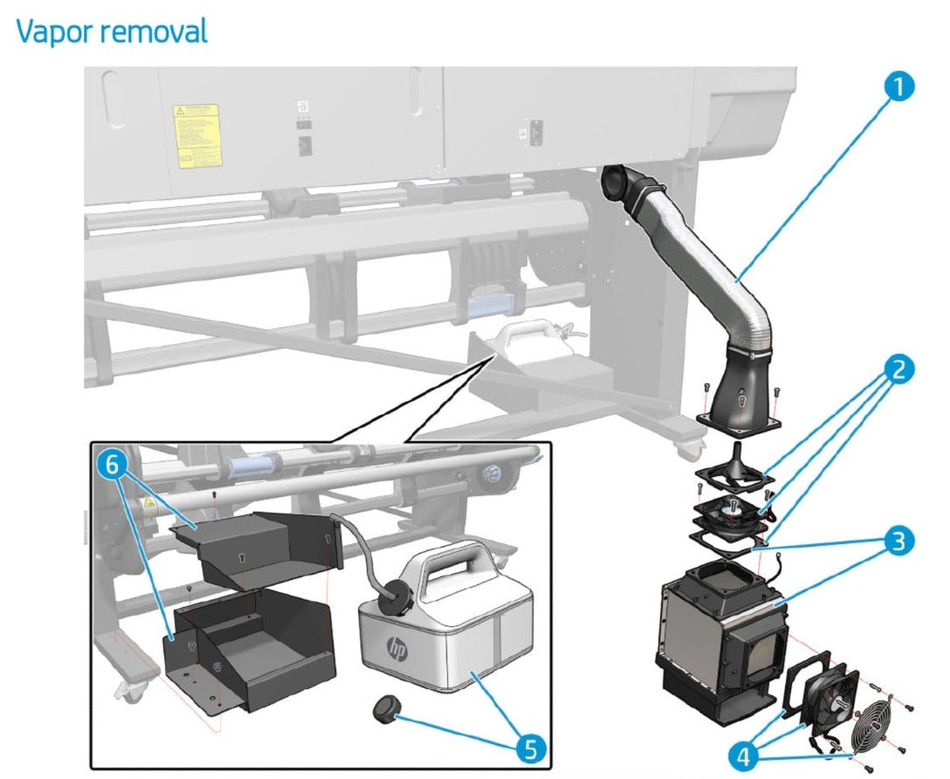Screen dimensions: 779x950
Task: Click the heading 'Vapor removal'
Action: [x=112, y=31]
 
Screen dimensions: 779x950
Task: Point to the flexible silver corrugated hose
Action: [x=716, y=279]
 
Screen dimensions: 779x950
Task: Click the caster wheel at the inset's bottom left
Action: [x=131, y=690]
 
